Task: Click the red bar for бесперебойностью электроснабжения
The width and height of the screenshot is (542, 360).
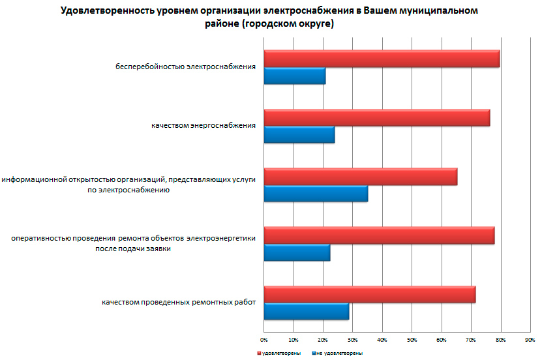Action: (382, 59)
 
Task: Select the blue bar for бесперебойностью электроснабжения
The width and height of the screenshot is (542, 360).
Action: (295, 76)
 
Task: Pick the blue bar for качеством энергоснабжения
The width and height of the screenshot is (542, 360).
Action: (299, 134)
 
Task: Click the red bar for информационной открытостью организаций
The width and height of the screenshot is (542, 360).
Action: (361, 176)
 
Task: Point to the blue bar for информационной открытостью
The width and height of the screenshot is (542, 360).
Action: (316, 194)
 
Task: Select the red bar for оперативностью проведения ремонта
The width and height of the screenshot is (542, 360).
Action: (379, 235)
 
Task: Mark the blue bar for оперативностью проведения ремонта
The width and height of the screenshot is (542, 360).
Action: (297, 252)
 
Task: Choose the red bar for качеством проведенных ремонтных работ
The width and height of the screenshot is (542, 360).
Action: (370, 294)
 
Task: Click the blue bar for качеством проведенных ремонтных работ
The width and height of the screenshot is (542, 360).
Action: (307, 312)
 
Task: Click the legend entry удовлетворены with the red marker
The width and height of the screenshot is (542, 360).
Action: (279, 352)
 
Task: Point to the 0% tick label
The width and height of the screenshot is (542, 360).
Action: (264, 340)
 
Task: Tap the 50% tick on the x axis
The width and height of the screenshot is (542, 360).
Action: (412, 340)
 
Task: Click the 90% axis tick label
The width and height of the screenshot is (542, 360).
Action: (530, 340)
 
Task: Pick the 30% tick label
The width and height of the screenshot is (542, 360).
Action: (352, 340)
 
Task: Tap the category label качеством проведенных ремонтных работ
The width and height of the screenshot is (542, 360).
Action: (178, 302)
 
